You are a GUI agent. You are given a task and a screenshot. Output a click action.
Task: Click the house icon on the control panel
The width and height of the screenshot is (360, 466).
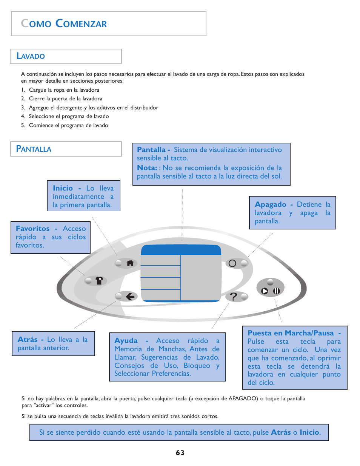click(130, 263)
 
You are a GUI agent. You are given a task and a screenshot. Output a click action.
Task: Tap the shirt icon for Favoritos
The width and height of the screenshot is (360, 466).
click(99, 280)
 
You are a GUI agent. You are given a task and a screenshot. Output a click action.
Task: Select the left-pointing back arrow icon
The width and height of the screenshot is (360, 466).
click(130, 297)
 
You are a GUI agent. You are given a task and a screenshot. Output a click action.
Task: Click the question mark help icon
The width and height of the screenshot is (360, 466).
click(234, 297)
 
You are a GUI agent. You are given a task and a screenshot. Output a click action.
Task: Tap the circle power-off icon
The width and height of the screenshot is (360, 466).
click(232, 263)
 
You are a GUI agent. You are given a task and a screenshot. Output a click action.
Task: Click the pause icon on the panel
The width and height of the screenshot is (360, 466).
click(276, 291)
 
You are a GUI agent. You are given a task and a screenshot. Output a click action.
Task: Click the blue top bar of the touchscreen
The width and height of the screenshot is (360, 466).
click(181, 250)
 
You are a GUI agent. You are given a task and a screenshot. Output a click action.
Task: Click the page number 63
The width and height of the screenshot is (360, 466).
click(180, 453)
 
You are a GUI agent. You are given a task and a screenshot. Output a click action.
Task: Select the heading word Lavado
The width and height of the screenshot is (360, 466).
click(31, 56)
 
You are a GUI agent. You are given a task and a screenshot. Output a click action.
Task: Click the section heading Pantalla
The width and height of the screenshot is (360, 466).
click(34, 149)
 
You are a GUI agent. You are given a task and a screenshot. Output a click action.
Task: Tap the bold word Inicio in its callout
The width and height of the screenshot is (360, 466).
click(63, 188)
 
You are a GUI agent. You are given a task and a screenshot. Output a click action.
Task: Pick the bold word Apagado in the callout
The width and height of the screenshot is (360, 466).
click(271, 205)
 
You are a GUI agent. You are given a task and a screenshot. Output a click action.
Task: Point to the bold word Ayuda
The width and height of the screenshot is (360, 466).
click(126, 341)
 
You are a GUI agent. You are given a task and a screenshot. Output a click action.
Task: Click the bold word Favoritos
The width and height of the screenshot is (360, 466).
click(32, 229)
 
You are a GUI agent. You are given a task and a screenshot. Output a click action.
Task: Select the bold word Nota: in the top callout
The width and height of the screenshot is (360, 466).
click(147, 168)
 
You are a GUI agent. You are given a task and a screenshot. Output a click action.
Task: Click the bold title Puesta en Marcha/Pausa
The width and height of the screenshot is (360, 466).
click(291, 333)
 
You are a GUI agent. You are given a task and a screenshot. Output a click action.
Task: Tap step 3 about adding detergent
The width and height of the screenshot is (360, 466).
click(93, 108)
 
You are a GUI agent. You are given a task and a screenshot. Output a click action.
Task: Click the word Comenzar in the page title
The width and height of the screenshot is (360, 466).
click(81, 24)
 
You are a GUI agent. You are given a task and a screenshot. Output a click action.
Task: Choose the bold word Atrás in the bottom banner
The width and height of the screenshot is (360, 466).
click(281, 432)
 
